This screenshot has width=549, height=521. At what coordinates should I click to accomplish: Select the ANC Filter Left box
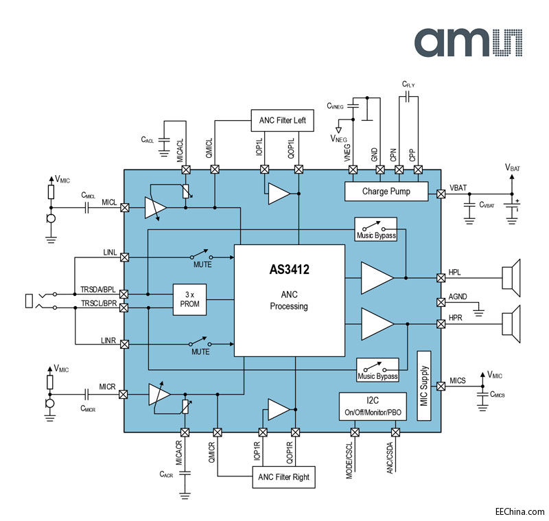(282, 121)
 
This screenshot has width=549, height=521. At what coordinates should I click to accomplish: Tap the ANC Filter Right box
(284, 476)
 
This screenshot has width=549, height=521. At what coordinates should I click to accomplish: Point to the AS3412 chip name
(289, 270)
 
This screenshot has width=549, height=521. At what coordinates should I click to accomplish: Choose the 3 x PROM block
(189, 299)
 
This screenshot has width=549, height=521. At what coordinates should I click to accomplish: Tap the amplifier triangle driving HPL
(376, 277)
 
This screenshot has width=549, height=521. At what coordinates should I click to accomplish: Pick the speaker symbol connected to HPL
(511, 277)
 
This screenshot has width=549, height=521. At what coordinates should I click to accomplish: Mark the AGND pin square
(441, 302)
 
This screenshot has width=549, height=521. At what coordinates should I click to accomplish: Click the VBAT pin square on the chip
(441, 194)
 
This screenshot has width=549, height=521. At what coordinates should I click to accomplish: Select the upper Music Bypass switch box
(377, 230)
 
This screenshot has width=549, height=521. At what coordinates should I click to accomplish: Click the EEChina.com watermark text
(519, 511)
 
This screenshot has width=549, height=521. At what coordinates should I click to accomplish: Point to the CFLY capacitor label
(408, 84)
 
